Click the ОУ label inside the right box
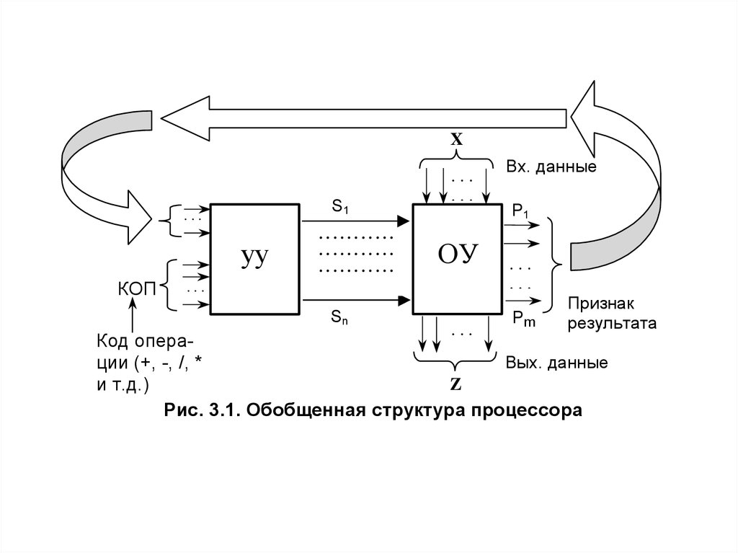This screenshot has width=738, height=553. click(458, 255)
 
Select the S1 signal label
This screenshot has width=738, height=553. click(340, 208)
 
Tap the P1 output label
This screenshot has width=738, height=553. click(520, 210)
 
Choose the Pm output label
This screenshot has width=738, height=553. click(524, 319)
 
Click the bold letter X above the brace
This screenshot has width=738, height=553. click(456, 141)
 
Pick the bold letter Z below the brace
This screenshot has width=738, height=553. click(455, 384)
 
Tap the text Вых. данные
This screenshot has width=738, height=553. click(556, 363)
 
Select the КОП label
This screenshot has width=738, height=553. click(137, 290)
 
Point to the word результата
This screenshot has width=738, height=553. click(612, 324)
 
